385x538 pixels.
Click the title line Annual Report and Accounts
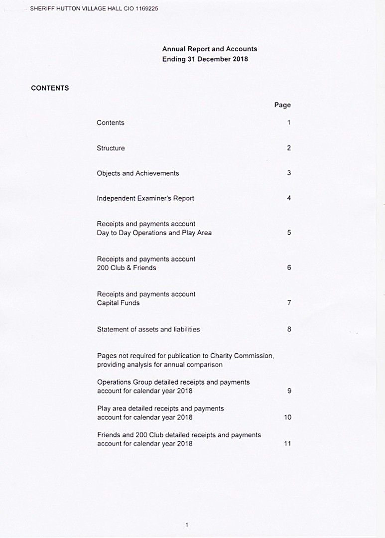tap(210, 49)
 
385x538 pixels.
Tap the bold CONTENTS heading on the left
tap(50, 88)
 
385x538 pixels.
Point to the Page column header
tap(282, 105)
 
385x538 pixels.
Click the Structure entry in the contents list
tap(111, 148)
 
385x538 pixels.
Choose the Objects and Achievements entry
tap(138, 173)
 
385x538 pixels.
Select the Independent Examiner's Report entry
tap(145, 198)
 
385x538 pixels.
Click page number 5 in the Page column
tap(289, 233)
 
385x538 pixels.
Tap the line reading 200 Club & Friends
tap(127, 268)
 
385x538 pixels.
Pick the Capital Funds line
tap(118, 303)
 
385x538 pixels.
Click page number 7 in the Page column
tap(289, 303)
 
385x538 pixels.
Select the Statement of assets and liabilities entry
tap(148, 329)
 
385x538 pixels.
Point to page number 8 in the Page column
tap(289, 329)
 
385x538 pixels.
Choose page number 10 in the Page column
tap(288, 417)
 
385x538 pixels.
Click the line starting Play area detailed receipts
tap(160, 408)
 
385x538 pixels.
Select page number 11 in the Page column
tap(288, 444)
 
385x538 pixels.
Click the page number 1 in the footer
tap(186, 525)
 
